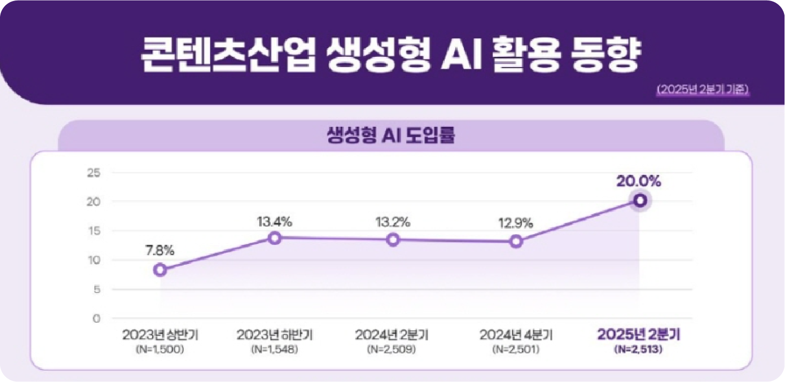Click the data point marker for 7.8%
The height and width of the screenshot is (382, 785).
[160, 270]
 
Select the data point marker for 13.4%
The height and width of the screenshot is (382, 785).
[275, 238]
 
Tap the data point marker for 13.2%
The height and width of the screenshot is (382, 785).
[393, 240]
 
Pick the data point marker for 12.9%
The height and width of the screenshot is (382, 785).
[516, 242]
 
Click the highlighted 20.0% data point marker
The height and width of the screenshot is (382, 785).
[640, 200]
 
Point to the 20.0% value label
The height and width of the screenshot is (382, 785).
[639, 181]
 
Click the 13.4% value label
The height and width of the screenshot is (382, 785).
[274, 222]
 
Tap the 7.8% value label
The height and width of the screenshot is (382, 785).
[160, 251]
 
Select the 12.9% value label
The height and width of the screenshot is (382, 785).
[515, 224]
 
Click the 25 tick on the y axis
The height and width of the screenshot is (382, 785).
[93, 173]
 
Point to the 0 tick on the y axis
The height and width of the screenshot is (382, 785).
[96, 319]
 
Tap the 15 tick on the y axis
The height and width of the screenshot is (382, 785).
[93, 231]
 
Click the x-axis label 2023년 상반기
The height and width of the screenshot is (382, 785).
[160, 335]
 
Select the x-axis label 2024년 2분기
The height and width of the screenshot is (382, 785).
[392, 335]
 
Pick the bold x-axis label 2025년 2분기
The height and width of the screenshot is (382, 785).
[639, 334]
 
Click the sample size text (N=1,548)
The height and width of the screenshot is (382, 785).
[274, 349]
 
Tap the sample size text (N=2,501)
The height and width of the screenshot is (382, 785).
[516, 349]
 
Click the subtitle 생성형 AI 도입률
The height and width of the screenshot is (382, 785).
[391, 135]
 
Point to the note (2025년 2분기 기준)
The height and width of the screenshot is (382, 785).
[702, 89]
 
